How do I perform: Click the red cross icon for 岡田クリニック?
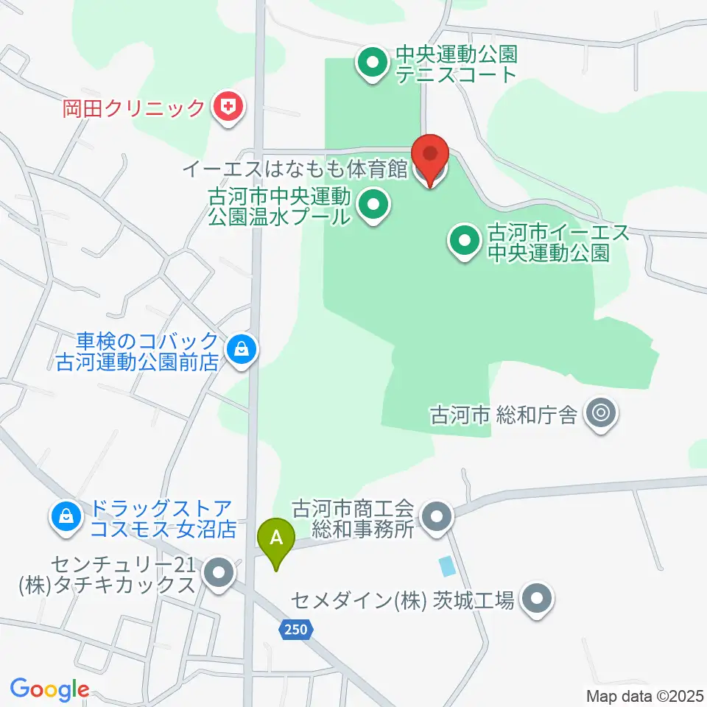[x=228, y=109]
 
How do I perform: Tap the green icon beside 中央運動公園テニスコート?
[x=373, y=64]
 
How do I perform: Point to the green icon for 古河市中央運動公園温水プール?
[x=373, y=207]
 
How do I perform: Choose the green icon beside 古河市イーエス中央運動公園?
[x=465, y=244]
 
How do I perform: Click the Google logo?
[x=49, y=689]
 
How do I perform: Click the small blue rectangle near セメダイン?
[x=446, y=566]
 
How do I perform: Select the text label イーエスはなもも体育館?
[x=294, y=169]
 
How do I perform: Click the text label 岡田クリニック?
[x=133, y=109]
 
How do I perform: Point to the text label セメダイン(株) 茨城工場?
[x=401, y=601]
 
